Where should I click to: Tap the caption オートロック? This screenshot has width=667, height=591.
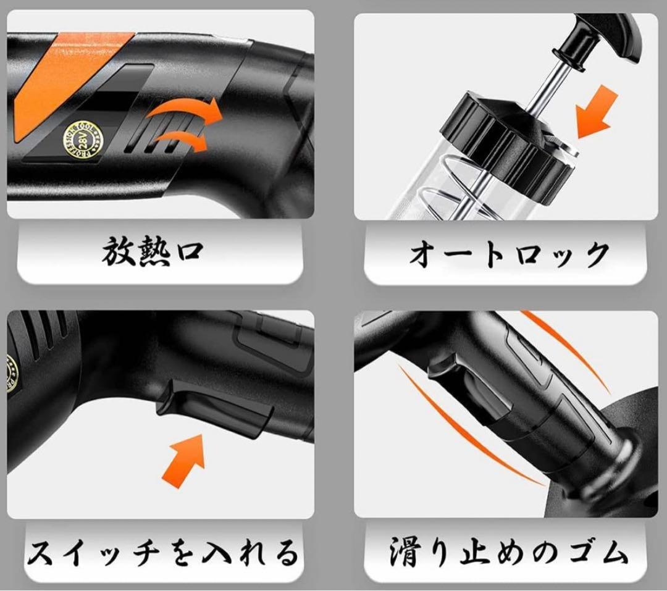509,253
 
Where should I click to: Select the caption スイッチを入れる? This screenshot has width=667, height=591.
162,551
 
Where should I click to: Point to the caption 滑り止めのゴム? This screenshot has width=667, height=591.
509,551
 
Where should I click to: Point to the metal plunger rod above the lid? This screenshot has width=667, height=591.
543,86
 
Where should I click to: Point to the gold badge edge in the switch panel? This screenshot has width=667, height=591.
10,371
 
